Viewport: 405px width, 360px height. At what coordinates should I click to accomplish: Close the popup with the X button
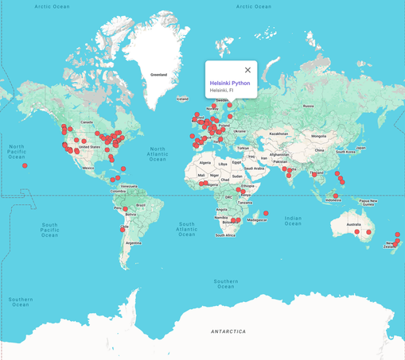[247, 70]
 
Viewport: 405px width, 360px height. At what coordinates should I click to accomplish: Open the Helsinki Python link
[229, 83]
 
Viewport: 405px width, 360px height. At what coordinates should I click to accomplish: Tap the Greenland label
[159, 75]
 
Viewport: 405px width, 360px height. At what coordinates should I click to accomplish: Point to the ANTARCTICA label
[228, 331]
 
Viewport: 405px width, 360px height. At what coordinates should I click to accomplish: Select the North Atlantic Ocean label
[158, 153]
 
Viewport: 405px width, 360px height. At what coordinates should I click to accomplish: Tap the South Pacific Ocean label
[49, 230]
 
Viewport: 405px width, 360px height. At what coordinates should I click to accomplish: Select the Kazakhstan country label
[278, 134]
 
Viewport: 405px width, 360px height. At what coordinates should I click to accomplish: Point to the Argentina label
[133, 242]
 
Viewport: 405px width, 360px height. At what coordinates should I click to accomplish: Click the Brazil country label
[142, 205]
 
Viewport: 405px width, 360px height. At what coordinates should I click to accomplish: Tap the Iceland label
[183, 99]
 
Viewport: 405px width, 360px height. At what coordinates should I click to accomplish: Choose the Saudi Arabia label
[254, 168]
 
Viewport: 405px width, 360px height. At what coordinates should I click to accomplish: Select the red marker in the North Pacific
[25, 165]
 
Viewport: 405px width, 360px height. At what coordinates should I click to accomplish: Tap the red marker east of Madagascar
[267, 213]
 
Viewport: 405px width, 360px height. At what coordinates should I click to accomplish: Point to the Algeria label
[205, 162]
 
